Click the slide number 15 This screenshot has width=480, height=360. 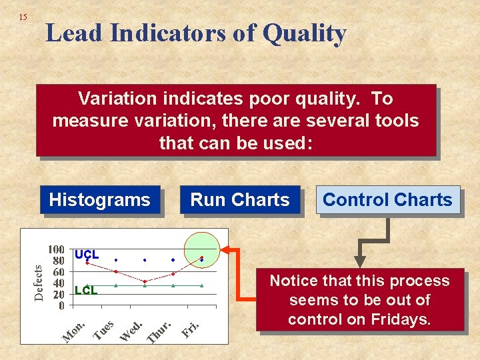(23, 17)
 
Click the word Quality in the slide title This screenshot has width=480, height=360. (304, 33)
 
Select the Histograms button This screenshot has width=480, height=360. (100, 200)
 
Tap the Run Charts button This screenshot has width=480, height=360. (240, 200)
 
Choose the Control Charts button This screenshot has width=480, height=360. (387, 200)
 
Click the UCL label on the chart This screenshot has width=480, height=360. (87, 255)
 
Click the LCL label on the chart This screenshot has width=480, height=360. (86, 290)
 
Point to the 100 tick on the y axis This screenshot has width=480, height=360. (56, 249)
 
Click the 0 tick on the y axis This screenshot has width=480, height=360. (61, 306)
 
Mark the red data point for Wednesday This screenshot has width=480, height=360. (145, 281)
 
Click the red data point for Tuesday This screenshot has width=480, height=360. (116, 271)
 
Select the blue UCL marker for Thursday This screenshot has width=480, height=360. (173, 259)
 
